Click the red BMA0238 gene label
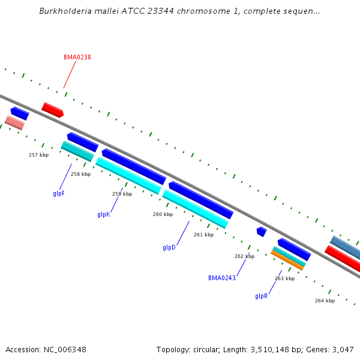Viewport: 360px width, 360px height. [77, 57]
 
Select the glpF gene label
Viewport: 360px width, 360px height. [59, 193]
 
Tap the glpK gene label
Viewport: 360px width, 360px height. [104, 214]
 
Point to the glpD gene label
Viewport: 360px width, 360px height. [169, 247]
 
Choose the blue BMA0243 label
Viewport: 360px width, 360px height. [221, 278]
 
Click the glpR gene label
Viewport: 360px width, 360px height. [261, 296]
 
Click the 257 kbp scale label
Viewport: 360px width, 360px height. [38, 155]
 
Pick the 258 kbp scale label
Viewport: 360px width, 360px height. [80, 174]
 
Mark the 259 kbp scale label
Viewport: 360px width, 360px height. [122, 194]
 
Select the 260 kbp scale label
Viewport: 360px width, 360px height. [163, 214]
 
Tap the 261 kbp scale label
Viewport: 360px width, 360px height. [203, 235]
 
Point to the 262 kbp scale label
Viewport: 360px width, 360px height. [244, 256]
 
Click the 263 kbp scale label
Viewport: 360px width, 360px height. [284, 278]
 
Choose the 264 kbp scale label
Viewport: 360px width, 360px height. [325, 301]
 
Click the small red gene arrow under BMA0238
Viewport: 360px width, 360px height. [52, 110]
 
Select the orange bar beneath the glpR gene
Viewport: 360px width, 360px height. [287, 260]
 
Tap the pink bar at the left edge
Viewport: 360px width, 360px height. [14, 122]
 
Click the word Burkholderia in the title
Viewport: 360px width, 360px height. [63, 11]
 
